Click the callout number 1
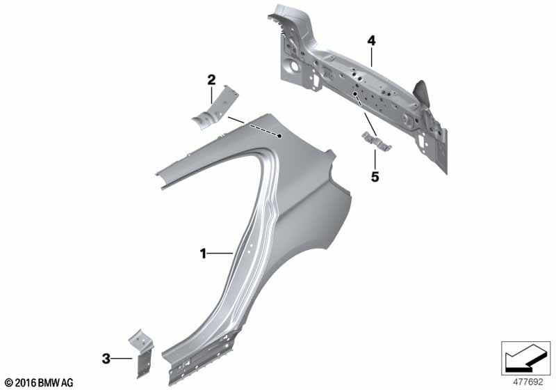coord(203,253)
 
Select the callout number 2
coord(211,79)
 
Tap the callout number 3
coord(106,359)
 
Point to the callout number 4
coord(371,41)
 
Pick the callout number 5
coord(375,176)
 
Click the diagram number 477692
coord(528,382)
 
